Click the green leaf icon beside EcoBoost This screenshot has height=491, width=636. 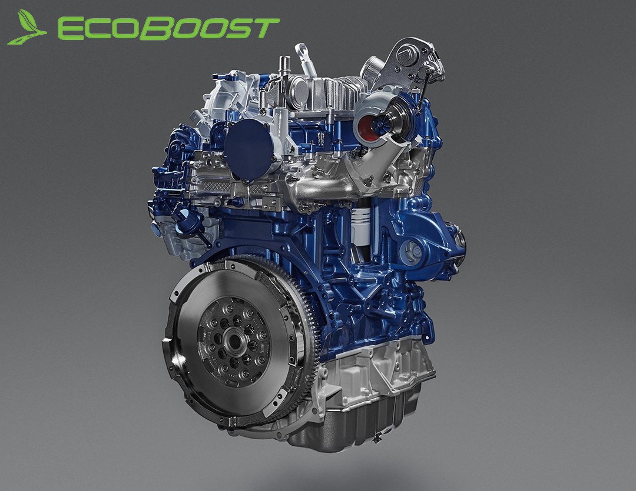click(25, 28)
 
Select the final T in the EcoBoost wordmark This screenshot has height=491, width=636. click(264, 28)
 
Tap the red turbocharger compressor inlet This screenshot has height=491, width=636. click(365, 123)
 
